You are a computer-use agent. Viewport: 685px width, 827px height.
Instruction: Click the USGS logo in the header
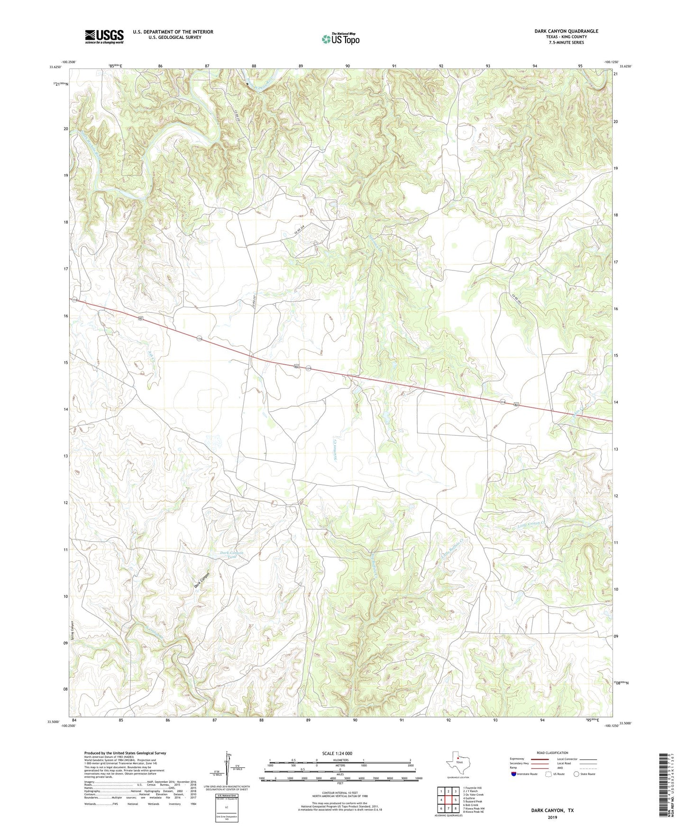(104, 36)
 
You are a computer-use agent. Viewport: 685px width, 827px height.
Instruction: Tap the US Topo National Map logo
(340, 38)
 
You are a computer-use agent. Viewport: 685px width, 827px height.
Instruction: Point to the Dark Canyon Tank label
(232, 555)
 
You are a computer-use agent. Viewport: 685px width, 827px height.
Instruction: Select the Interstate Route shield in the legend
(514, 774)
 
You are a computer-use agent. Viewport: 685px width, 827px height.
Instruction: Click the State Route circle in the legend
(576, 774)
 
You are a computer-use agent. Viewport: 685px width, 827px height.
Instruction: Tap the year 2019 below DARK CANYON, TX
(552, 817)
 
